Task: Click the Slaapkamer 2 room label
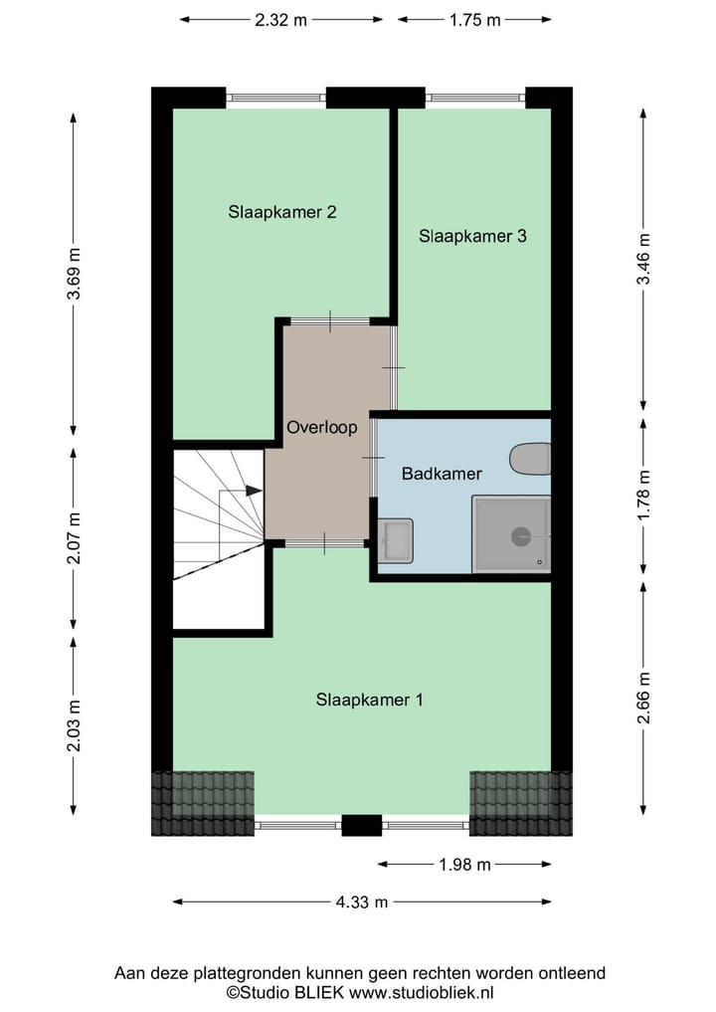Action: (281, 211)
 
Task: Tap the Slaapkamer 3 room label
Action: (471, 236)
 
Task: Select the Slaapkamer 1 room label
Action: (369, 700)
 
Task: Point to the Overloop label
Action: (321, 427)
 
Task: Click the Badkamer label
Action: (442, 474)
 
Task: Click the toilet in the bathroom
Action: (530, 459)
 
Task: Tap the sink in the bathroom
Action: (396, 540)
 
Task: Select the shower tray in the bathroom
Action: (511, 534)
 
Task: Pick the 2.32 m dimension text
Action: (280, 19)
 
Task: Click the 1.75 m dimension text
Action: (474, 19)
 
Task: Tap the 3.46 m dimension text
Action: (644, 259)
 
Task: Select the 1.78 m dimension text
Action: (644, 496)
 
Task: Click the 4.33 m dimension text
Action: (361, 902)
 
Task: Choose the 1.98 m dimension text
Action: (464, 865)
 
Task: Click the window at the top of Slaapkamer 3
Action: (475, 98)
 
